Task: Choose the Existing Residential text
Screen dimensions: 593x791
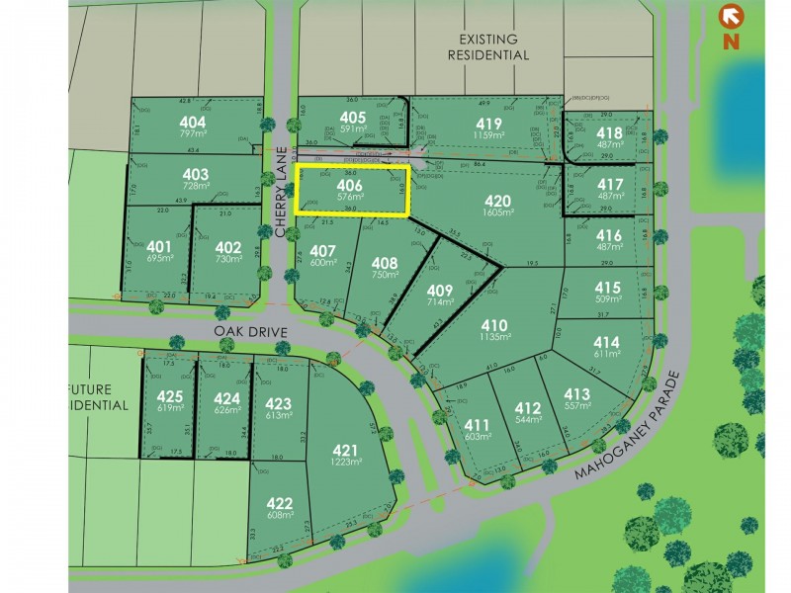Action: click(487, 47)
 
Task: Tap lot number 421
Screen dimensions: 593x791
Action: click(346, 449)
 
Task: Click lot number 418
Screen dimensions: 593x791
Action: click(610, 132)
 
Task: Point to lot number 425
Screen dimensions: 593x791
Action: click(170, 397)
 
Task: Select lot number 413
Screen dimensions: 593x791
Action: click(576, 394)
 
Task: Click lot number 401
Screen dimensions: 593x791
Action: click(158, 246)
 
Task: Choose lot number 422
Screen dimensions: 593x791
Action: click(280, 502)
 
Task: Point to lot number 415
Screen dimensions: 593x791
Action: click(608, 288)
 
